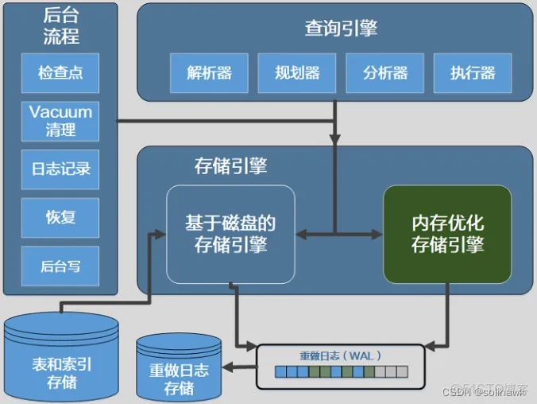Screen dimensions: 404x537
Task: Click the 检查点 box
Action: (x=60, y=73)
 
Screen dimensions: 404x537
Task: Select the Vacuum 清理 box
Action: (x=60, y=120)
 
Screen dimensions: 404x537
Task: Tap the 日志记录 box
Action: (x=60, y=169)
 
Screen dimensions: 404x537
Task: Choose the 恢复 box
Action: (x=60, y=216)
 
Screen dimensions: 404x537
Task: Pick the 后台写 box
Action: (x=60, y=266)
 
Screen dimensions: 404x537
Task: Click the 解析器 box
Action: (x=210, y=73)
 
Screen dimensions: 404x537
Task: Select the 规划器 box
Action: (x=297, y=73)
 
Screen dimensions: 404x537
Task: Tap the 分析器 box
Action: (x=385, y=73)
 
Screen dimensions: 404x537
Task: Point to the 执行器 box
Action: (x=473, y=73)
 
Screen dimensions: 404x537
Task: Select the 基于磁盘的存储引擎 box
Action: (x=230, y=234)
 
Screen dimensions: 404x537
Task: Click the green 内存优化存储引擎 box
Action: (x=447, y=234)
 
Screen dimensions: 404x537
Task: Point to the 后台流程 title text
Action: (x=60, y=26)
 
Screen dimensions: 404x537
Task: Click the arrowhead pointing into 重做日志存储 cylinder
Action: (x=227, y=367)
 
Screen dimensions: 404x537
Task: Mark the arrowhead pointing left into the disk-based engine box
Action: (x=301, y=234)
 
